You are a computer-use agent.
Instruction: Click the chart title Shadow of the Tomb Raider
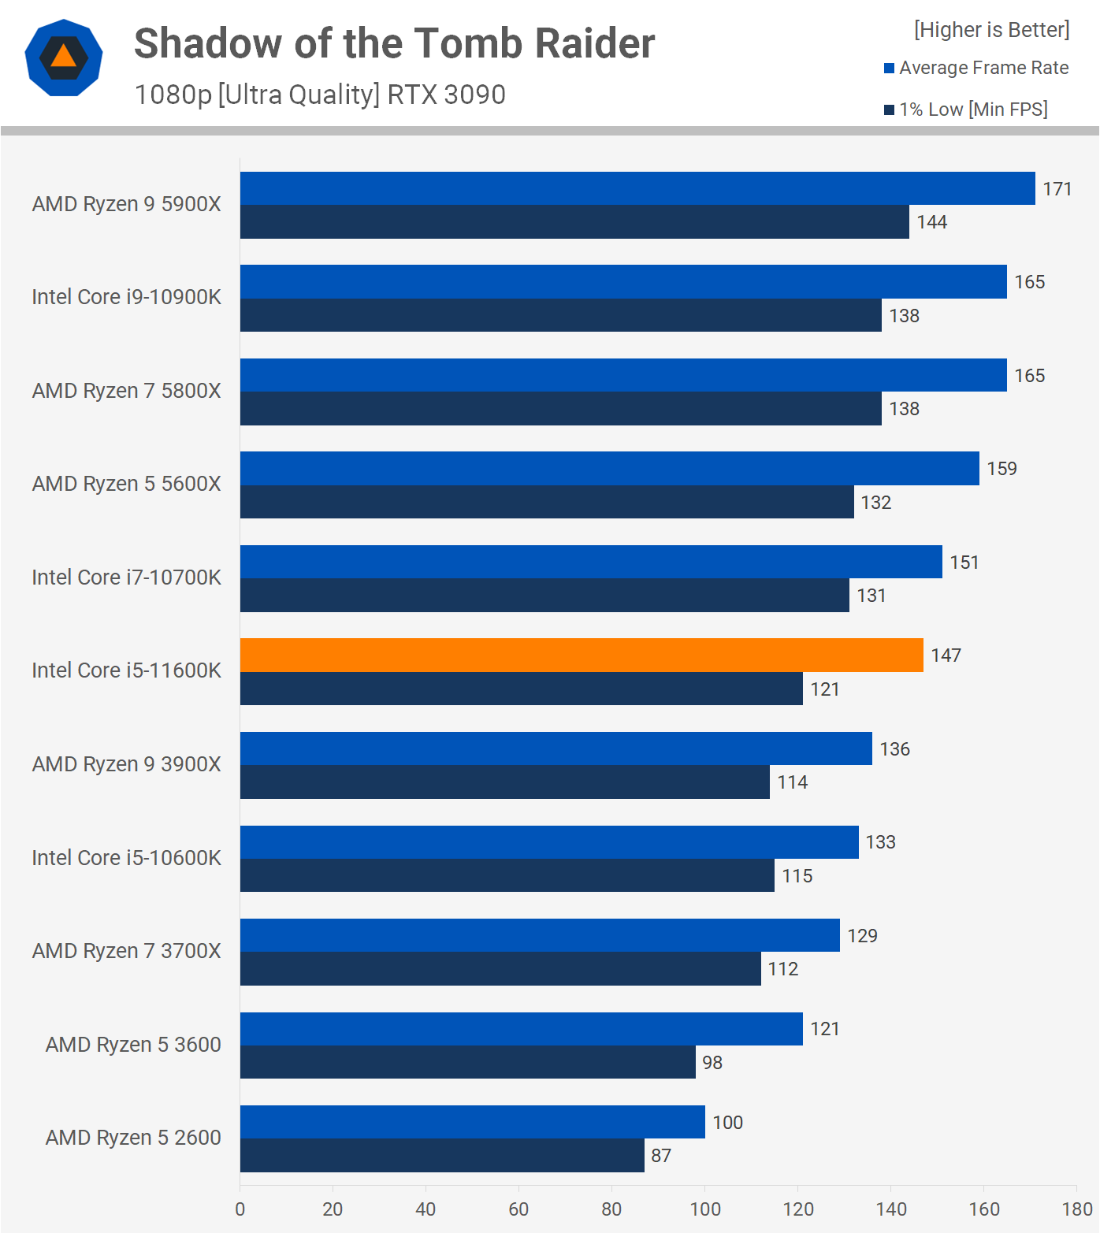click(x=394, y=43)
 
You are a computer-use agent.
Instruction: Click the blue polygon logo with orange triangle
click(x=64, y=58)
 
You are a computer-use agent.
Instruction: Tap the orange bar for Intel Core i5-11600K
click(x=582, y=655)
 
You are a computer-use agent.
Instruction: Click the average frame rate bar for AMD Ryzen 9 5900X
click(x=637, y=188)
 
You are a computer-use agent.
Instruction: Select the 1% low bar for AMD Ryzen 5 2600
click(x=441, y=1155)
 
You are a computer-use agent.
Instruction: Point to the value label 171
click(x=1057, y=189)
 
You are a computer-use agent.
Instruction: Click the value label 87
click(x=661, y=1156)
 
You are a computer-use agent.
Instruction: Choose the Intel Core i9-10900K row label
click(x=126, y=297)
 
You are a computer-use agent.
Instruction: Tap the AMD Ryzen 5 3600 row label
click(x=133, y=1045)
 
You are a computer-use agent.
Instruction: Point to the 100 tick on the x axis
click(x=705, y=1209)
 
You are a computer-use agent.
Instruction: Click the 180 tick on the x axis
click(x=1076, y=1209)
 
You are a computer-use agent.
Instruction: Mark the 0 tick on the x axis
click(x=240, y=1209)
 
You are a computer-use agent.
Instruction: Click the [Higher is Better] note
click(x=991, y=30)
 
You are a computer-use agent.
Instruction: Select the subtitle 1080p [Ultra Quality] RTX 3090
click(x=320, y=95)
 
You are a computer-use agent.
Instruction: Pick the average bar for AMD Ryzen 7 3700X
click(x=540, y=935)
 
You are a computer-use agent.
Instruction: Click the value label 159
click(x=1002, y=469)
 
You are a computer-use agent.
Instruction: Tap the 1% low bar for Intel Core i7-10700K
click(x=544, y=595)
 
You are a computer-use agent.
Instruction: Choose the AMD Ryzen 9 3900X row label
click(x=126, y=764)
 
